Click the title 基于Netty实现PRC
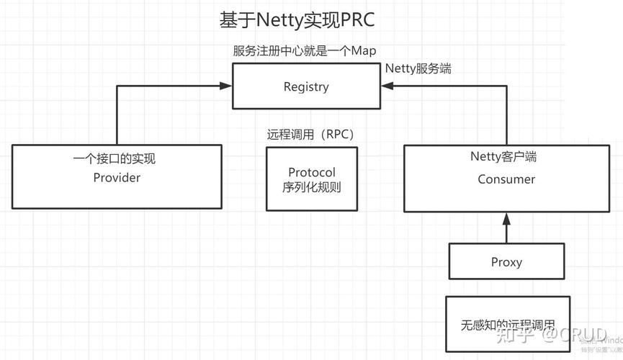tap(297, 19)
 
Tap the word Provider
tap(117, 178)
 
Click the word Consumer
tap(506, 179)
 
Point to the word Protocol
tap(312, 173)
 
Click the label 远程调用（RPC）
tap(311, 135)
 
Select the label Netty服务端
tap(418, 69)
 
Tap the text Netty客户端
tap(503, 156)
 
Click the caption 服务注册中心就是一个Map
tap(305, 51)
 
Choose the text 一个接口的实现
tap(115, 159)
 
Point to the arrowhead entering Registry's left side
tap(227, 86)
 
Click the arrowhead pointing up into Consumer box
tap(506, 217)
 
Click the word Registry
tap(306, 87)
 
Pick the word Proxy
tap(506, 262)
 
